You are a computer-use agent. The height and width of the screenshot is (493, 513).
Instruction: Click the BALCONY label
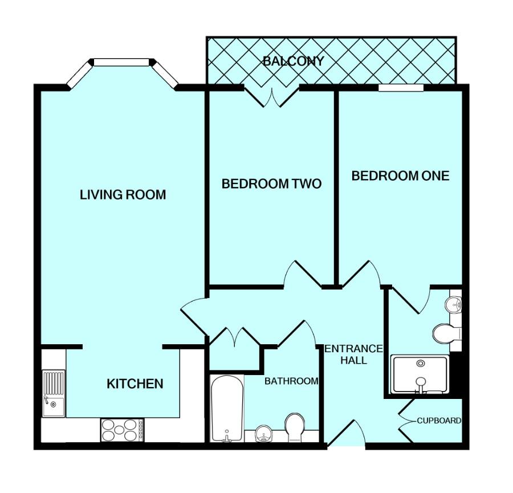coord(293,61)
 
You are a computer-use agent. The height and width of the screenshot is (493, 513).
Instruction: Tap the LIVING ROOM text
coord(123,195)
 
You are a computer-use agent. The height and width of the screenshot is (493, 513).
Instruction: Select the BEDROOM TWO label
coord(271,184)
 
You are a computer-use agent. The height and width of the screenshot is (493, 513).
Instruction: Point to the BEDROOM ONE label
coord(401,176)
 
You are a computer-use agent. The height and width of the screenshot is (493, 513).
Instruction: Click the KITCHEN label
coord(135,384)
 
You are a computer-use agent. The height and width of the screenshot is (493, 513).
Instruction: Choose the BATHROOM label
coord(291,381)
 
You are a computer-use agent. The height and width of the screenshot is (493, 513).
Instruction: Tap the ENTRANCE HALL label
coord(353,355)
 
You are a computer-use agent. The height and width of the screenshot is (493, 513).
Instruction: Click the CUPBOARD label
coord(439,421)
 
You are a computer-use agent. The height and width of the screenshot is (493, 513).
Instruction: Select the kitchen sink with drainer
coord(54,393)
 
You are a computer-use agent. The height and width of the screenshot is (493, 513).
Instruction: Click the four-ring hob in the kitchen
coord(123,430)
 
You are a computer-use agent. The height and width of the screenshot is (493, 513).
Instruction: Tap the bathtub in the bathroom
coord(227,408)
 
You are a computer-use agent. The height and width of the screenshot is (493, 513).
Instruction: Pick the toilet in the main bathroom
coord(295,427)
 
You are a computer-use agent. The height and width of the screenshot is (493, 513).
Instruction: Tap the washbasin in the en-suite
coord(453,304)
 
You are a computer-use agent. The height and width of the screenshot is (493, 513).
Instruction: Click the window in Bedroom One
coord(401,88)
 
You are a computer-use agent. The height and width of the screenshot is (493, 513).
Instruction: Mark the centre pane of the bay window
coord(122,62)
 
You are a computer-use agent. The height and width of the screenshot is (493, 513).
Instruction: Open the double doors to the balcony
coord(272,97)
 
